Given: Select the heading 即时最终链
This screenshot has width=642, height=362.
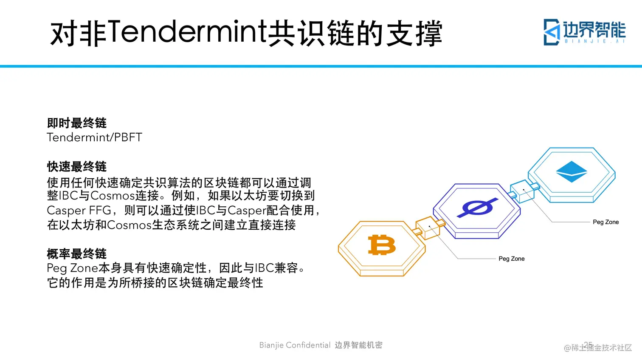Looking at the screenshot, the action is tap(77, 123).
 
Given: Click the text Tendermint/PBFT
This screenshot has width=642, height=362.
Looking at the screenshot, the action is tap(94, 137).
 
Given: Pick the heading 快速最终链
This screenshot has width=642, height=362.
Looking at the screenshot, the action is tap(77, 166).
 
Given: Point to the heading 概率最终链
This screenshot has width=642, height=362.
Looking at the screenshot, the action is tap(77, 254).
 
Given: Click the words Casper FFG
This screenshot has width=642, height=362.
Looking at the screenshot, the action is tap(79, 211).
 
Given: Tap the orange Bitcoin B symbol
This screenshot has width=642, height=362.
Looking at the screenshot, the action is tap(382, 245).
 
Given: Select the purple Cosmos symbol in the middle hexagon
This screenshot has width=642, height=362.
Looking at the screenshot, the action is tap(477, 208).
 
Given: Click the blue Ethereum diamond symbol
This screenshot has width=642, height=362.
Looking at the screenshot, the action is tap(572, 172).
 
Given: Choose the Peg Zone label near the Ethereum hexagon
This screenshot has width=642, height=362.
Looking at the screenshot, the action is tap(605, 222).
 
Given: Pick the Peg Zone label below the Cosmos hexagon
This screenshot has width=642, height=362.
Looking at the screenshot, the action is tap(512, 259).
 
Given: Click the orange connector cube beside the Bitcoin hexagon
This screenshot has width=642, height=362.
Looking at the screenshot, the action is tap(429, 228).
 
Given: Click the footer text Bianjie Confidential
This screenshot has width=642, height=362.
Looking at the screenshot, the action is tap(295, 345).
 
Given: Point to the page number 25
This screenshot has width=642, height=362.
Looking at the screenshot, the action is tap(588, 345).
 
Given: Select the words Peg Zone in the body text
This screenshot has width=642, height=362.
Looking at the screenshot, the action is tap(73, 268).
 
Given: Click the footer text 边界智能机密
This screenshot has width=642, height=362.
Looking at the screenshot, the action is tap(358, 345).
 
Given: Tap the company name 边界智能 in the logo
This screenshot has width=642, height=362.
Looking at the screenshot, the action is tap(594, 29).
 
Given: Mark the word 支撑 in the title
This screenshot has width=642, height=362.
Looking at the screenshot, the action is tap(414, 33).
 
